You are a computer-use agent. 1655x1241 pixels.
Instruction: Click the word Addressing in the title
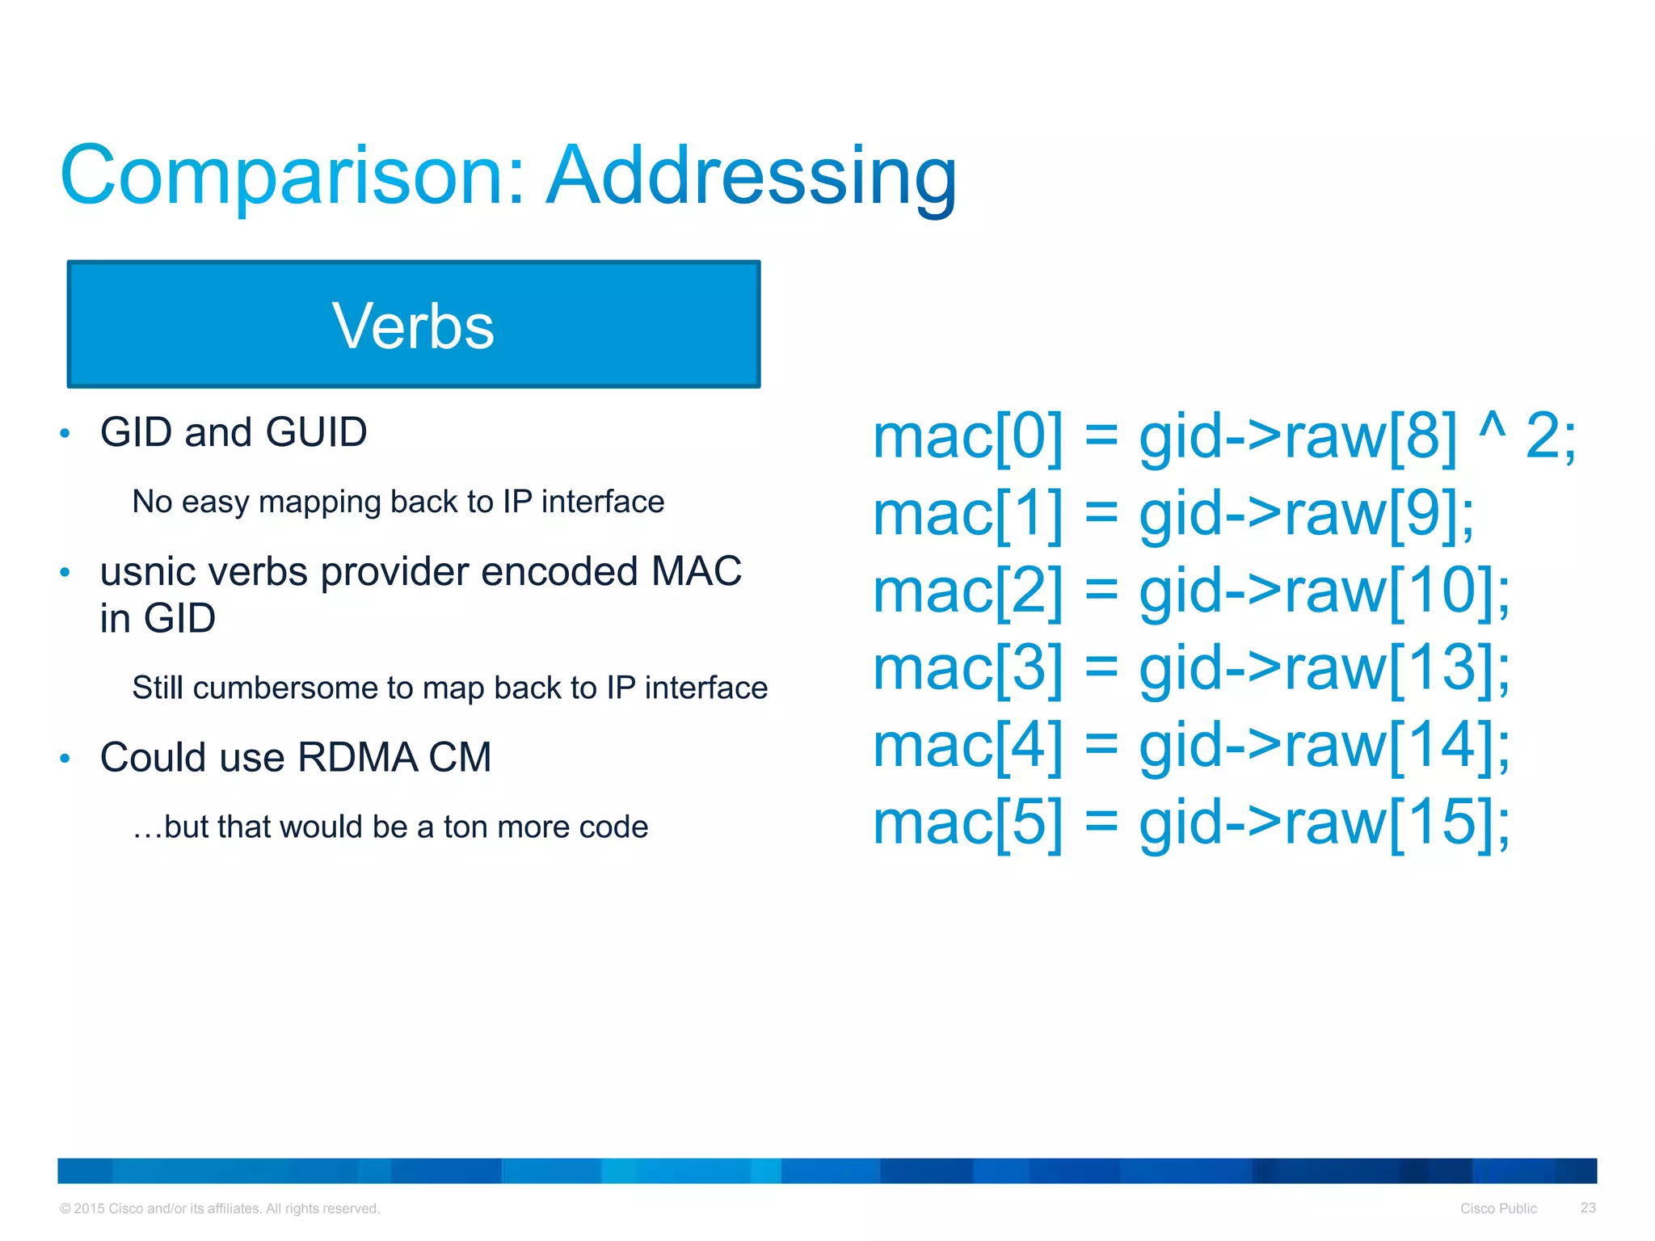point(752,176)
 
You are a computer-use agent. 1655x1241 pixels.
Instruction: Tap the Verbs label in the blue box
point(413,326)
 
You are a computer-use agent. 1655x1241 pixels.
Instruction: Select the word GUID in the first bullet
point(316,432)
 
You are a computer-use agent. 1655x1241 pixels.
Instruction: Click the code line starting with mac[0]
point(1223,437)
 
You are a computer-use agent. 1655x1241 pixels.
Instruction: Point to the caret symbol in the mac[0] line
point(1492,427)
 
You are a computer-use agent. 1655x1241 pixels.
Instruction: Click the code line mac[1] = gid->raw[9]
point(1173,514)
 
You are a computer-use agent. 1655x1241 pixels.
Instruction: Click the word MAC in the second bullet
point(696,572)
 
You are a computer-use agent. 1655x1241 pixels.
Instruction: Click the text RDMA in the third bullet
point(357,758)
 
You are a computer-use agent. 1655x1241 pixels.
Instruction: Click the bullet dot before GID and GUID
point(65,434)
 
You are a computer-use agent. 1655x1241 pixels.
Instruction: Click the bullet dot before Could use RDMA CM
point(65,759)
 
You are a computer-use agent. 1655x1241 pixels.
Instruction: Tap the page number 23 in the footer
point(1588,1208)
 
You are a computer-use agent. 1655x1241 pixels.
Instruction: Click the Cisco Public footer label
point(1498,1209)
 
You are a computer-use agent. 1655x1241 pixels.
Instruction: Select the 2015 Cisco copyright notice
point(220,1209)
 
